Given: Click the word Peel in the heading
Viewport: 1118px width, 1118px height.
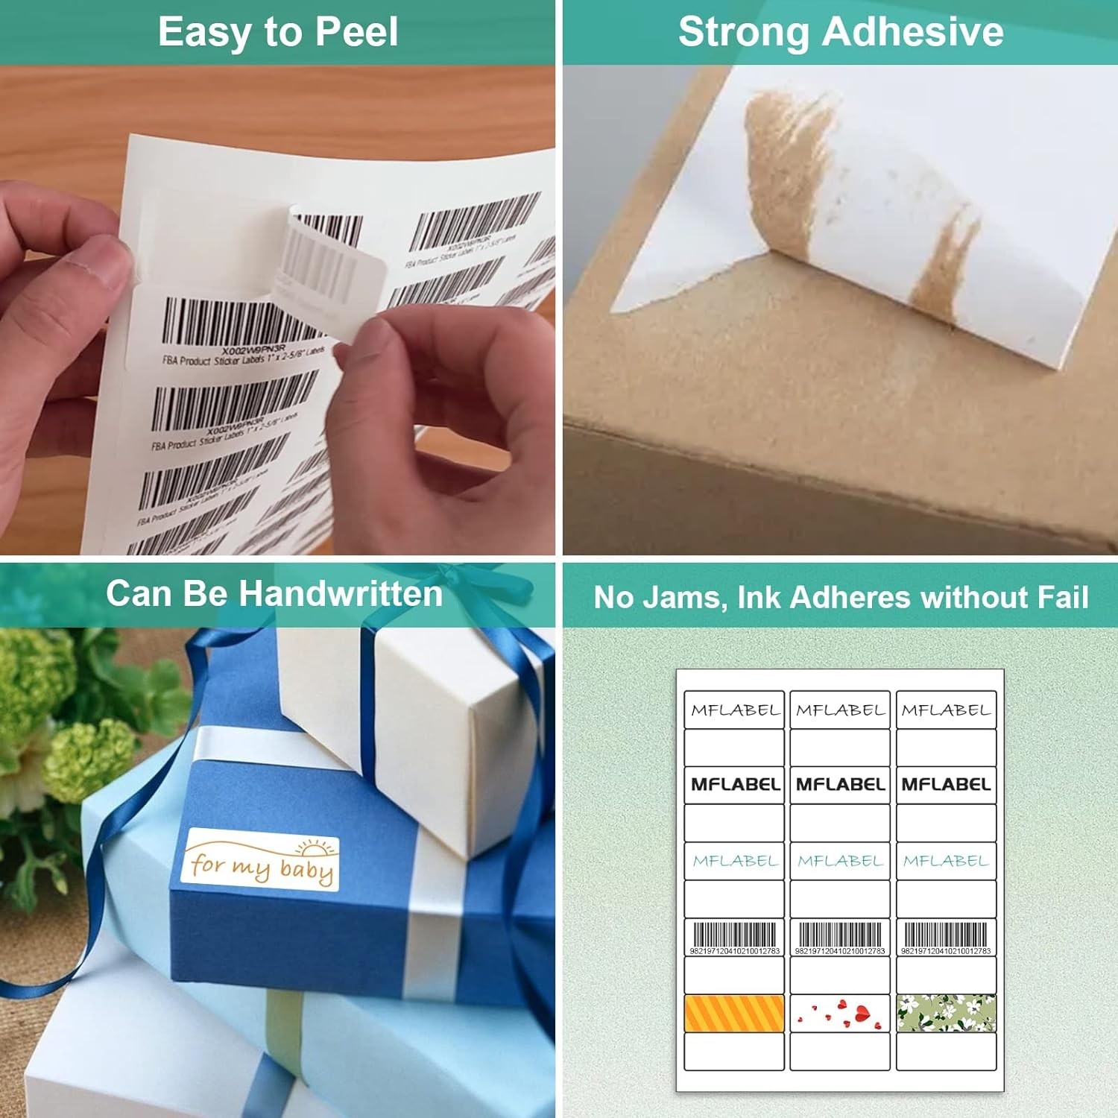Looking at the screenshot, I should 356,33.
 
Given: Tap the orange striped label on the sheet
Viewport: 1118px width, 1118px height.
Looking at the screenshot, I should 734,1014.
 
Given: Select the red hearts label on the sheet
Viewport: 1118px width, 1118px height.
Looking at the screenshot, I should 840,1014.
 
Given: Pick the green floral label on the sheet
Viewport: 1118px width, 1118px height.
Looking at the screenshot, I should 946,1014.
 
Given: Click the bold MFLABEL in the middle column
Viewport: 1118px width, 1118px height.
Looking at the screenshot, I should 840,784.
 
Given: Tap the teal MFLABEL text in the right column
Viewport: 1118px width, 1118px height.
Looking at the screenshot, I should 946,861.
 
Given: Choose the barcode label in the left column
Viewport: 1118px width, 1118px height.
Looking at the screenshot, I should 734,937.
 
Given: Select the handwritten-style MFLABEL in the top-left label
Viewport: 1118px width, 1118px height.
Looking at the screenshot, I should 734,710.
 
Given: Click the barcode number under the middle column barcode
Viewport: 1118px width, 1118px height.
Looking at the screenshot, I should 840,951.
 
